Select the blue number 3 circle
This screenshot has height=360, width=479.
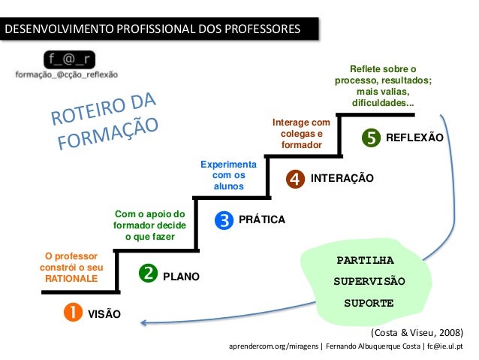223,219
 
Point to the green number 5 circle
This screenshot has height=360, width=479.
370,138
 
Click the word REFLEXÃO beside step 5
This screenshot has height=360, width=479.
414,138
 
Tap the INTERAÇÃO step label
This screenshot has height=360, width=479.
342,178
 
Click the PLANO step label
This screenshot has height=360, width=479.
181,277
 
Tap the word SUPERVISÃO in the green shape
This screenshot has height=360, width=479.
369,282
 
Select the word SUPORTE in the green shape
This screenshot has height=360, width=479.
369,304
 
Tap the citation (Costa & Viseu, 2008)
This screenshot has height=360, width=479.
417,331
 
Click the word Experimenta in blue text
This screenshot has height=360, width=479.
228,163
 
